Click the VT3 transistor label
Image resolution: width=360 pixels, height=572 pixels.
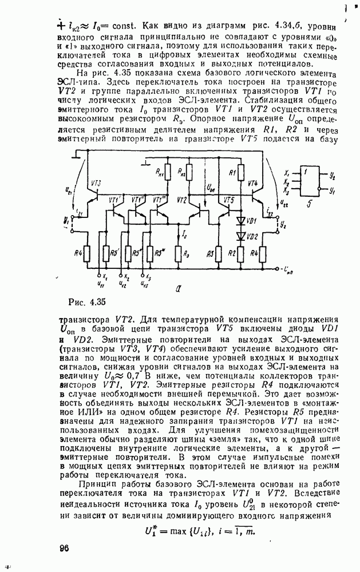[95, 183]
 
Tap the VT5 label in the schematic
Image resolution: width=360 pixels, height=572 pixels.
[229, 200]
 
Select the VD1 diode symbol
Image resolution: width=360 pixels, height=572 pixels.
[240, 220]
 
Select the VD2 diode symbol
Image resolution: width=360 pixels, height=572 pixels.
[240, 236]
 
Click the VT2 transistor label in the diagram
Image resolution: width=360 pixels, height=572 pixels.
[183, 200]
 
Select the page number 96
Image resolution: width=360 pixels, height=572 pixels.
[64, 549]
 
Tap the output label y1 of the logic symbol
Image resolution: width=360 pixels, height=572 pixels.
[332, 192]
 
